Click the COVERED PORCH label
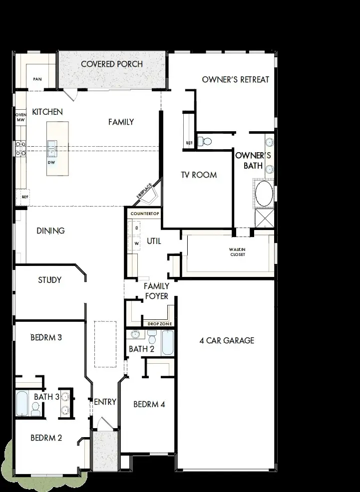[x=112, y=64]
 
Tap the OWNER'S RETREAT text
[x=235, y=79]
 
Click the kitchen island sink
[x=52, y=148]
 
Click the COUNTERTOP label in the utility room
[x=144, y=214]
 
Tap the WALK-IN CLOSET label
[x=237, y=252]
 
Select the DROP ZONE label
[x=159, y=324]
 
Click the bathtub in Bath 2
[x=168, y=342]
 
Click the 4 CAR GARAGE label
[x=227, y=340]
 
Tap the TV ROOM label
[x=198, y=175]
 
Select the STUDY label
[x=50, y=280]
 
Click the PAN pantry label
[x=37, y=79]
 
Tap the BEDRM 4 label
[x=149, y=404]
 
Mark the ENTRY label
[x=105, y=402]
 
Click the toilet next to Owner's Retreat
[x=203, y=141]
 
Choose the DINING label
[x=50, y=231]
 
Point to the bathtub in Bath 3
[x=21, y=403]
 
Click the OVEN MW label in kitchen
[x=20, y=117]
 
